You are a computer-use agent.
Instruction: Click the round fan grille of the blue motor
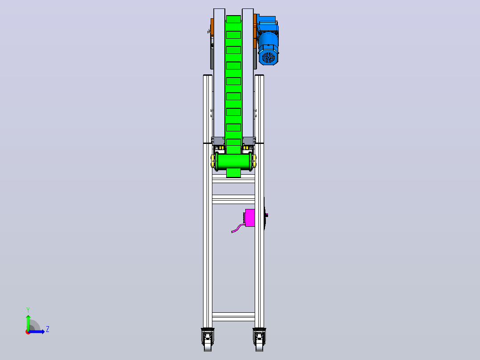pos(269,57)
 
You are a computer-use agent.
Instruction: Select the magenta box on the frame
pos(250,218)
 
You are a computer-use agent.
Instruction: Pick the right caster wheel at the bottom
pos(259,340)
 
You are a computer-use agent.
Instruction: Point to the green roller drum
pos(234,161)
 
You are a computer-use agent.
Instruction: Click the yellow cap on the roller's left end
pos(213,161)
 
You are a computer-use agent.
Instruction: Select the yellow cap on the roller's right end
pos(254,161)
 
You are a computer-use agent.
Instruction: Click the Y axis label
pos(28,310)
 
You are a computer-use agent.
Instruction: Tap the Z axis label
pos(48,329)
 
